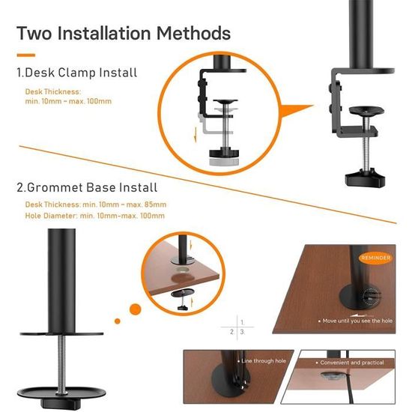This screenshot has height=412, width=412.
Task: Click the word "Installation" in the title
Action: [x=109, y=34]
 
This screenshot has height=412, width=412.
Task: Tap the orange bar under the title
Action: [x=26, y=54]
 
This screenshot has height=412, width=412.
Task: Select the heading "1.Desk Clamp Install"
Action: [x=76, y=73]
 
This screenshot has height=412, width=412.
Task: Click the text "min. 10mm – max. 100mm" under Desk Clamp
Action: [x=69, y=101]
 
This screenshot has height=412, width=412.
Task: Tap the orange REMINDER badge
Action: [x=375, y=258]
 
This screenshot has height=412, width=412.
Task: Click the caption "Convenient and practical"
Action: [x=352, y=362]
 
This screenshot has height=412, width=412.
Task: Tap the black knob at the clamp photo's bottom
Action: [x=364, y=178]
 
